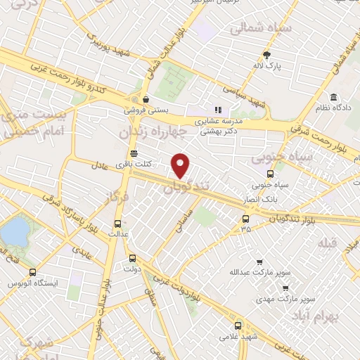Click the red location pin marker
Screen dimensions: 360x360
click(181, 165)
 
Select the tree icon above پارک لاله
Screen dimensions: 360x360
click(267, 54)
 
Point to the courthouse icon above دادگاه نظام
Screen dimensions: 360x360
click(332, 96)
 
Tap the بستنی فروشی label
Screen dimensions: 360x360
click(145, 110)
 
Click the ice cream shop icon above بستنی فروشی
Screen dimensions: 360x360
click(146, 100)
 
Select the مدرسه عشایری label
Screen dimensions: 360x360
click(217, 120)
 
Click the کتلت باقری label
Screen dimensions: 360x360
click(134, 164)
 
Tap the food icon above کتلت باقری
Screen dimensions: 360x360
click(134, 154)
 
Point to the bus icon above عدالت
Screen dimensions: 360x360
click(117, 224)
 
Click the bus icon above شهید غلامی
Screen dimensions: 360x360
click(238, 326)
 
